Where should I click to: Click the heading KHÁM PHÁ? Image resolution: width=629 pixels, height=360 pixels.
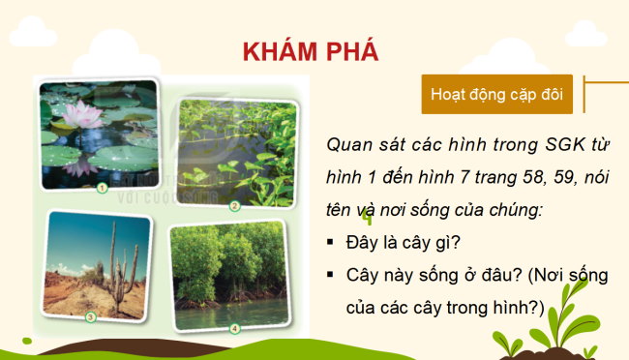point(310,51)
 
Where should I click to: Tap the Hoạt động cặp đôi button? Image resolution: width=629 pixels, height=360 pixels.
point(496,96)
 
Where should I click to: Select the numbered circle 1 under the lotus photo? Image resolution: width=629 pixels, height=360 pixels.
point(102,188)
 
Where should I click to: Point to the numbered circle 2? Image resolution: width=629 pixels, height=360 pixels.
point(234,205)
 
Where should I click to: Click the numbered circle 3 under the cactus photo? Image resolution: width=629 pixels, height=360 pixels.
point(90,315)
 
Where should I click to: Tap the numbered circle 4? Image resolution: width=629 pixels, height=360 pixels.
point(234,328)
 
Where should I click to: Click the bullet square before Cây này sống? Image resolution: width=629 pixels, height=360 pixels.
point(331,276)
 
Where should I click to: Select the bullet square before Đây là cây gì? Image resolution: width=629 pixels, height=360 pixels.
point(331,243)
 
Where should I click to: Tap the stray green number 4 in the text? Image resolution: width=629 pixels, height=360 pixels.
point(368,220)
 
